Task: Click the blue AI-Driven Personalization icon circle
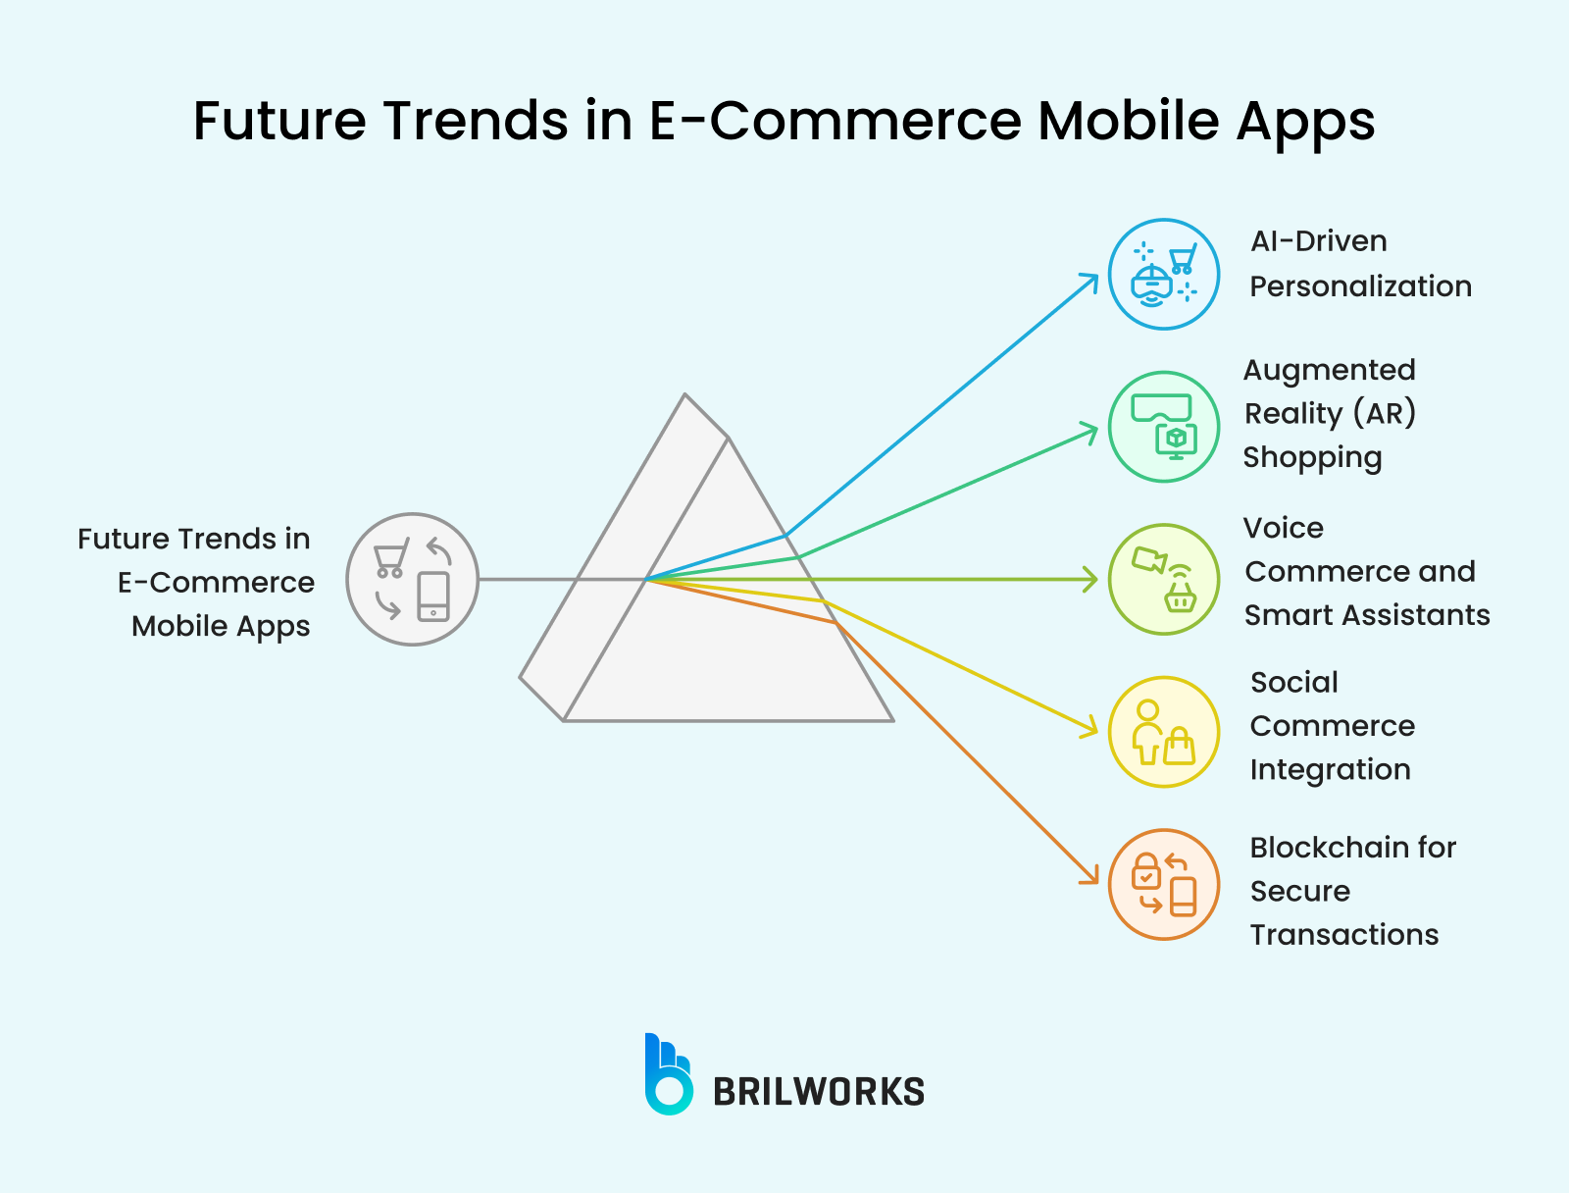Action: (x=1164, y=274)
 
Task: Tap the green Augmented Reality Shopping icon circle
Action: (x=1164, y=427)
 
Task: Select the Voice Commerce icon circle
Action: (x=1164, y=579)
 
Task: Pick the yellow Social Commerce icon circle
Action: (x=1164, y=732)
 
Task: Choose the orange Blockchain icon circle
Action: (x=1164, y=885)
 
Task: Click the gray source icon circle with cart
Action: (x=413, y=579)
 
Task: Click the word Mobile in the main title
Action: (x=1129, y=121)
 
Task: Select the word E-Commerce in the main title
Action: (x=836, y=121)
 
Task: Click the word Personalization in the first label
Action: (x=1360, y=286)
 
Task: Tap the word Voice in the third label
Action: (x=1283, y=528)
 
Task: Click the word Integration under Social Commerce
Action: (x=1330, y=770)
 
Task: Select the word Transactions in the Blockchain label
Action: (x=1343, y=935)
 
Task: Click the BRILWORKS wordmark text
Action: (x=818, y=1092)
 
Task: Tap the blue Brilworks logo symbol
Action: (x=668, y=1075)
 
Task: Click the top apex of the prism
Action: (x=685, y=395)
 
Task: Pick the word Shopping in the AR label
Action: (x=1312, y=458)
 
